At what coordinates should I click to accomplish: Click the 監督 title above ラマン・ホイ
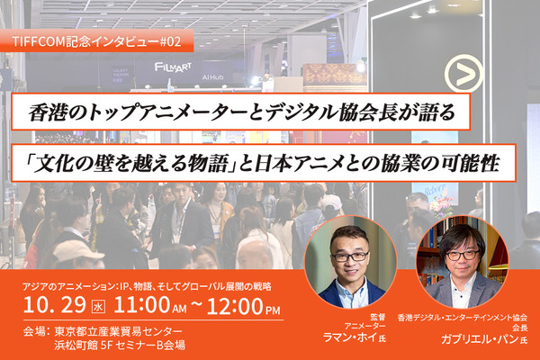pyautogui.click(x=352, y=317)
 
